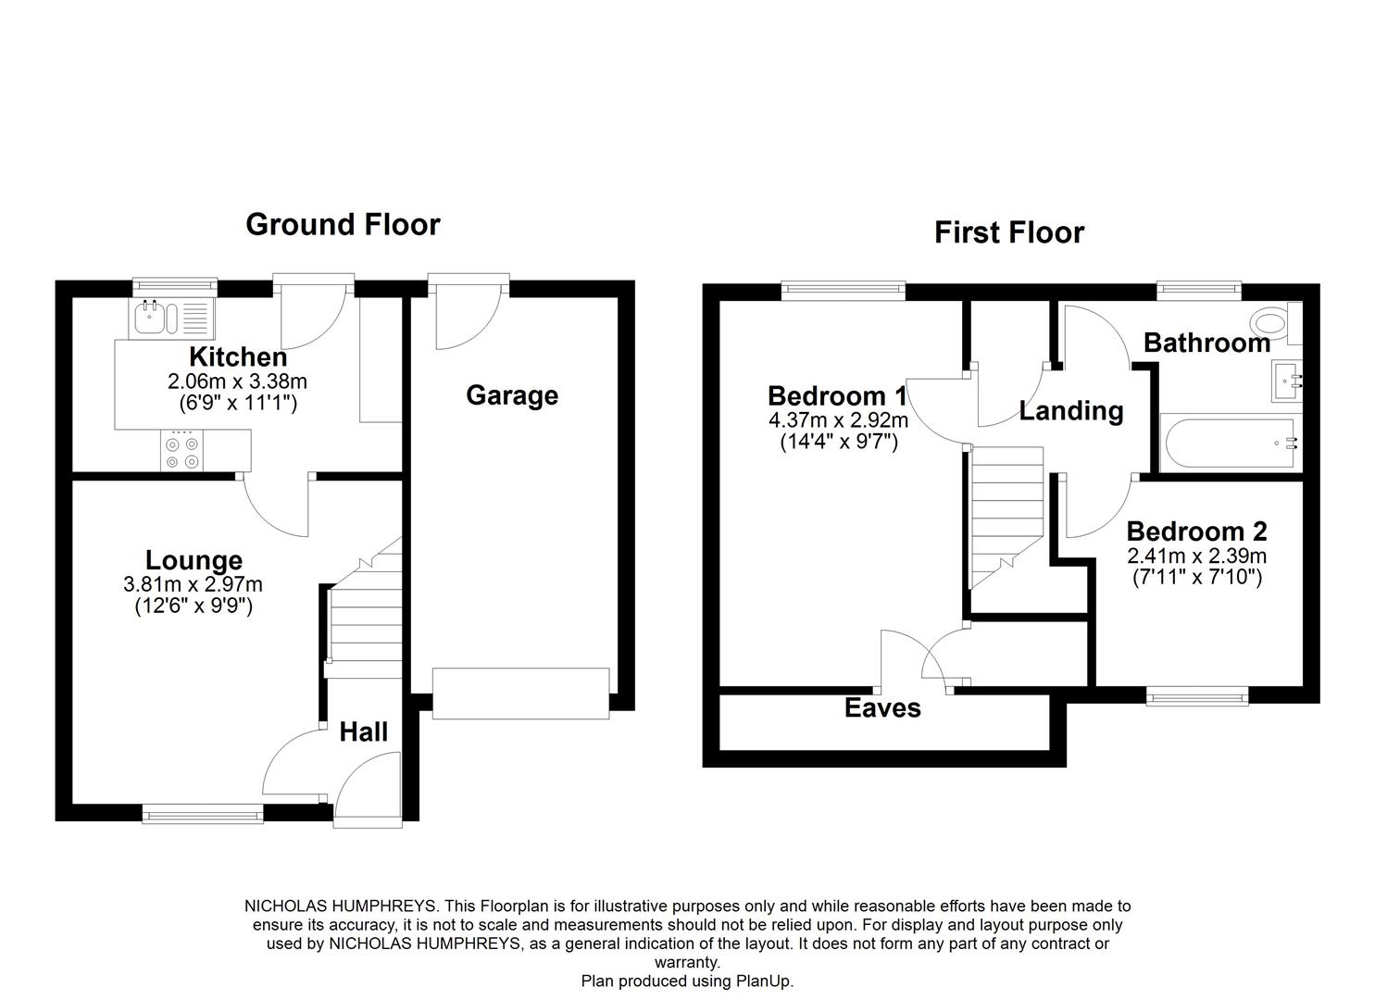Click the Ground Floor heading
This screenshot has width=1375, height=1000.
[343, 225]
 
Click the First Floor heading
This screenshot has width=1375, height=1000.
[1008, 232]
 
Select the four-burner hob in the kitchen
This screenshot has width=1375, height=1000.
[181, 453]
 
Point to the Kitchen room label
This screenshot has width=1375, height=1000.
[238, 356]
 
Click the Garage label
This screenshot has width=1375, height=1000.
[511, 395]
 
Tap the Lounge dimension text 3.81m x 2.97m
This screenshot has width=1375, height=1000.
[193, 585]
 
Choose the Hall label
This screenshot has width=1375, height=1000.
[363, 732]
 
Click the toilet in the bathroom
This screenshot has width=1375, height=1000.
[1272, 324]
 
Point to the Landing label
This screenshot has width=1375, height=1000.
[1071, 411]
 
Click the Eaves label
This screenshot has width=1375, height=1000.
[882, 708]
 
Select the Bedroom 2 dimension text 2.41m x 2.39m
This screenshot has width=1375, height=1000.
[1196, 556]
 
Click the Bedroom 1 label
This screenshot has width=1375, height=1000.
[836, 396]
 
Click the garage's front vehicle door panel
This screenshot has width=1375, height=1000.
[520, 693]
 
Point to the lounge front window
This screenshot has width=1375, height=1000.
[203, 814]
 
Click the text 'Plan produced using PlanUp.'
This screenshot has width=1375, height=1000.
[687, 981]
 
